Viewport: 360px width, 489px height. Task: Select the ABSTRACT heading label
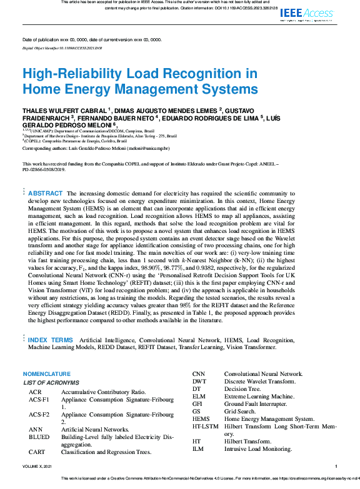pos(46,194)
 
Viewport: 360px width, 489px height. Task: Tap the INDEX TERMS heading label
pos(51,340)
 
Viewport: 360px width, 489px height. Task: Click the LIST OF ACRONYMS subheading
pos(51,382)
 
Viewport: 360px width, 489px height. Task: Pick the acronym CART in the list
pos(37,452)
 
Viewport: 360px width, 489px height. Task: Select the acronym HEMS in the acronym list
pos(201,418)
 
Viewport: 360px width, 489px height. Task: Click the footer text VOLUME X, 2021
pos(39,466)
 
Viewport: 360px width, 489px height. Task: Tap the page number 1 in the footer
pos(336,466)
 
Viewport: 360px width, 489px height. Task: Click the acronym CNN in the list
pos(199,373)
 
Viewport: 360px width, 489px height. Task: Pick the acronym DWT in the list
pos(199,381)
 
